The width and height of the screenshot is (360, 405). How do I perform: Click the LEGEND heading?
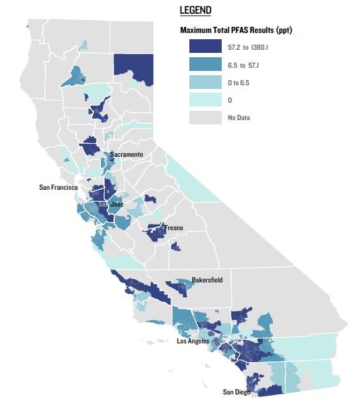coord(195,11)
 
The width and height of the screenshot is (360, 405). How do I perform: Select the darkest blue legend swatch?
coord(206,46)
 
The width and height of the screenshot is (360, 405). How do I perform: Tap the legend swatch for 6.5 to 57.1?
coord(206,63)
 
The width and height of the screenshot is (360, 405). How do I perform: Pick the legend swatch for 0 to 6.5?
coord(206,81)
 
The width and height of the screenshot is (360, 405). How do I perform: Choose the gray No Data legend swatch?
coord(206,117)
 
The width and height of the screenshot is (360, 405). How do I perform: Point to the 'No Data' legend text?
coord(239,117)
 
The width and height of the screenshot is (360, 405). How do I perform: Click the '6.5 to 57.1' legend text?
coord(249,63)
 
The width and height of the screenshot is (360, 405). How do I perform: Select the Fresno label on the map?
coord(174,228)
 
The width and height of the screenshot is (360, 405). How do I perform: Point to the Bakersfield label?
coord(207,280)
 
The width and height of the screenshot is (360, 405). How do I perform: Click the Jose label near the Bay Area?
coord(117,204)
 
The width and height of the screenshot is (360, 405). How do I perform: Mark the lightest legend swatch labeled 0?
coord(206,99)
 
